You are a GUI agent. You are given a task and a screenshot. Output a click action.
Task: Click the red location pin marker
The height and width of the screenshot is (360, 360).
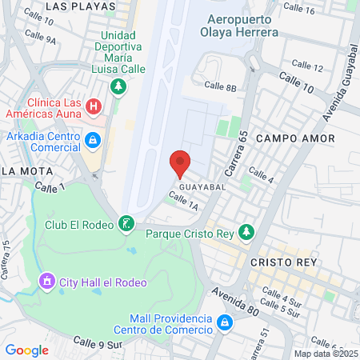point(180,164)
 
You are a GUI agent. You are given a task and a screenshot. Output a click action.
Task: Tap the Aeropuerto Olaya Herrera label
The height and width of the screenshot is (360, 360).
point(242,26)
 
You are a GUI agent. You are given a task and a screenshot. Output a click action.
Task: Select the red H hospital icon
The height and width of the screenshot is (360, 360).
point(94,106)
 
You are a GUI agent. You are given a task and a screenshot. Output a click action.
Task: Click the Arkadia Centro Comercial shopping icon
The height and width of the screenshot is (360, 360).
point(94,140)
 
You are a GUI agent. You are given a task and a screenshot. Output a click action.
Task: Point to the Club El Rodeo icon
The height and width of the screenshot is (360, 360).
point(126,223)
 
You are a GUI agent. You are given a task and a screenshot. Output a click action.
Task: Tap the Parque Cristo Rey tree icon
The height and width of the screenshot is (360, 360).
point(247,232)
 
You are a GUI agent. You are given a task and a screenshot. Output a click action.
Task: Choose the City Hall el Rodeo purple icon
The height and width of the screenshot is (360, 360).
point(47,281)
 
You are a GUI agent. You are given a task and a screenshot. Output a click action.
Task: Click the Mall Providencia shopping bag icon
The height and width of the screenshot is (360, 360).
point(226,322)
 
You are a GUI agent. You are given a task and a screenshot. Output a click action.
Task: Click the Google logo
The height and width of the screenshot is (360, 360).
point(27,350)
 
